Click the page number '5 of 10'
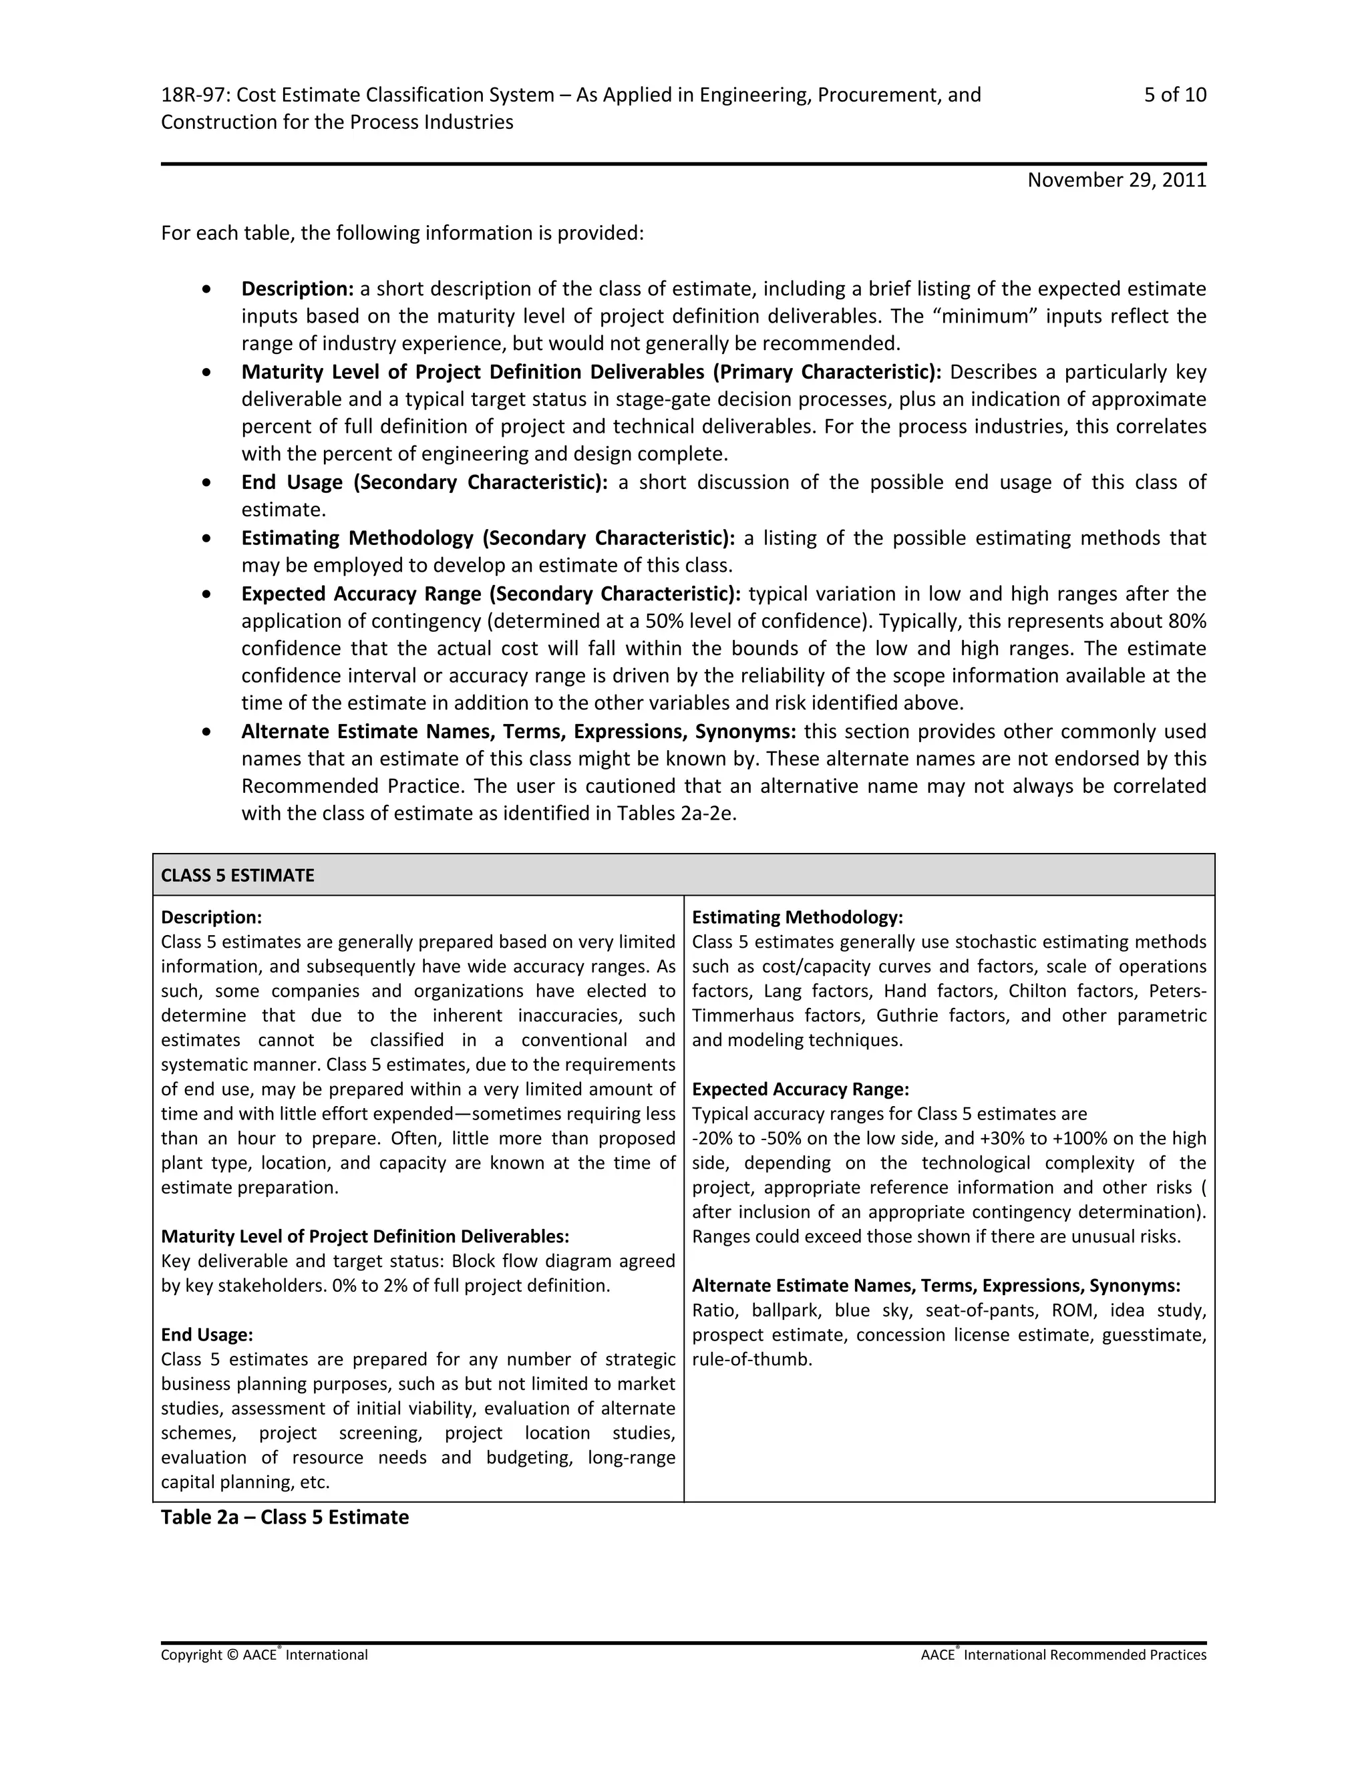click(1174, 95)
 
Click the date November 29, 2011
click(1116, 180)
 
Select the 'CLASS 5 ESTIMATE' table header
click(237, 875)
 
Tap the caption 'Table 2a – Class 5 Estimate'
click(285, 1517)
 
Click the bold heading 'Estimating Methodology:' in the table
click(797, 918)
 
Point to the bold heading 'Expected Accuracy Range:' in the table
click(800, 1089)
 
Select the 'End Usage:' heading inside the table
click(206, 1335)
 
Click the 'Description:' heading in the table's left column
click(210, 918)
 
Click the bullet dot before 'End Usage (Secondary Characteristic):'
click(208, 482)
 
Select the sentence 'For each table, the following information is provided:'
click(402, 233)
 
